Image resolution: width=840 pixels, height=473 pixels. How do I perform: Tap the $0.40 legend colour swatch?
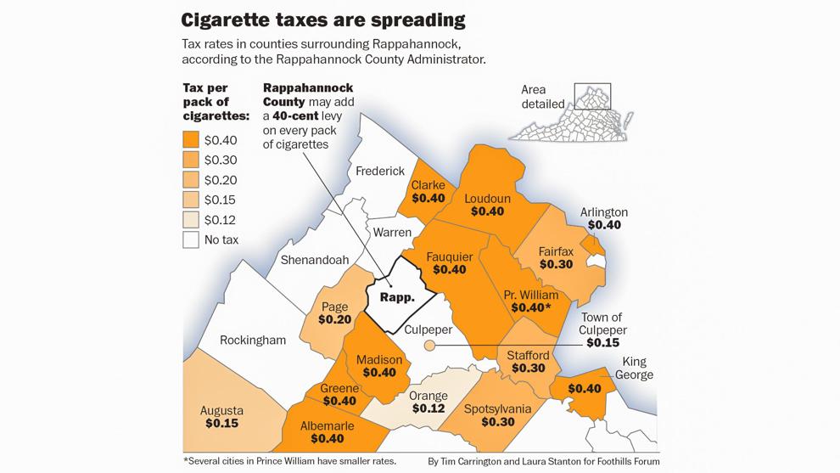191,140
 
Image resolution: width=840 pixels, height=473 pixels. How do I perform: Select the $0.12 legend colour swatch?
191,220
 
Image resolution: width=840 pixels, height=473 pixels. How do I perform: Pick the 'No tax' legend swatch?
191,239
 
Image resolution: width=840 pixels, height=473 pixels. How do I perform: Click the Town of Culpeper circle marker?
429,345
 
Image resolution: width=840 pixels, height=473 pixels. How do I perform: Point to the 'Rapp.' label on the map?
396,297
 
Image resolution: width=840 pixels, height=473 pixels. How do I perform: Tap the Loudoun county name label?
487,199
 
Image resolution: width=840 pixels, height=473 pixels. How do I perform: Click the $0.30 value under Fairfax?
556,265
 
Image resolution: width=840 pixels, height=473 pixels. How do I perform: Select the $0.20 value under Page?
334,320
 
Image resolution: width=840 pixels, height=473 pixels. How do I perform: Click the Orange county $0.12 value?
428,408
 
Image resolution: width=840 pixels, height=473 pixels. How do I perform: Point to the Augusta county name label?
221,411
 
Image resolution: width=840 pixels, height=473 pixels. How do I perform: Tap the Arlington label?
604,212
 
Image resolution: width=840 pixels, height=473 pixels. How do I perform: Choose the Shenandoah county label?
315,260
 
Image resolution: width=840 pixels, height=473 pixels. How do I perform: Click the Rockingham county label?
253,340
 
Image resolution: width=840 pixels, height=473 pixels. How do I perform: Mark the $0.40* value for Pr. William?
528,307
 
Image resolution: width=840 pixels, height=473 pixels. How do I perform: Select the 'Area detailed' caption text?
544,97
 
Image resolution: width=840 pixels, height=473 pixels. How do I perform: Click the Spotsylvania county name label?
498,409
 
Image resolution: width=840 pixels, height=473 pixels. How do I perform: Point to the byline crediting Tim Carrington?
544,461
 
